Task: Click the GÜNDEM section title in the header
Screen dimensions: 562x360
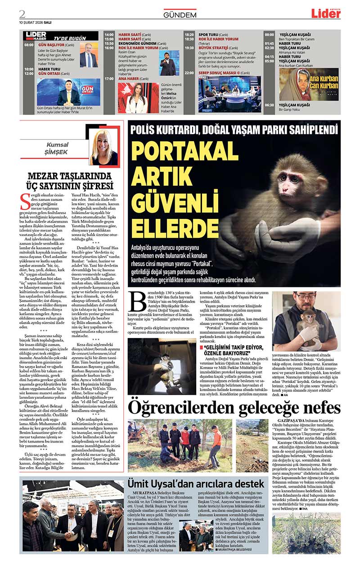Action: click(180, 15)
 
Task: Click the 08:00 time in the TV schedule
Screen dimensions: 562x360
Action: click(29, 45)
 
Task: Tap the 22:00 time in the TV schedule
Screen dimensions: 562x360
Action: click(189, 72)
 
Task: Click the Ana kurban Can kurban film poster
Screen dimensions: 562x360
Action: click(309, 85)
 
